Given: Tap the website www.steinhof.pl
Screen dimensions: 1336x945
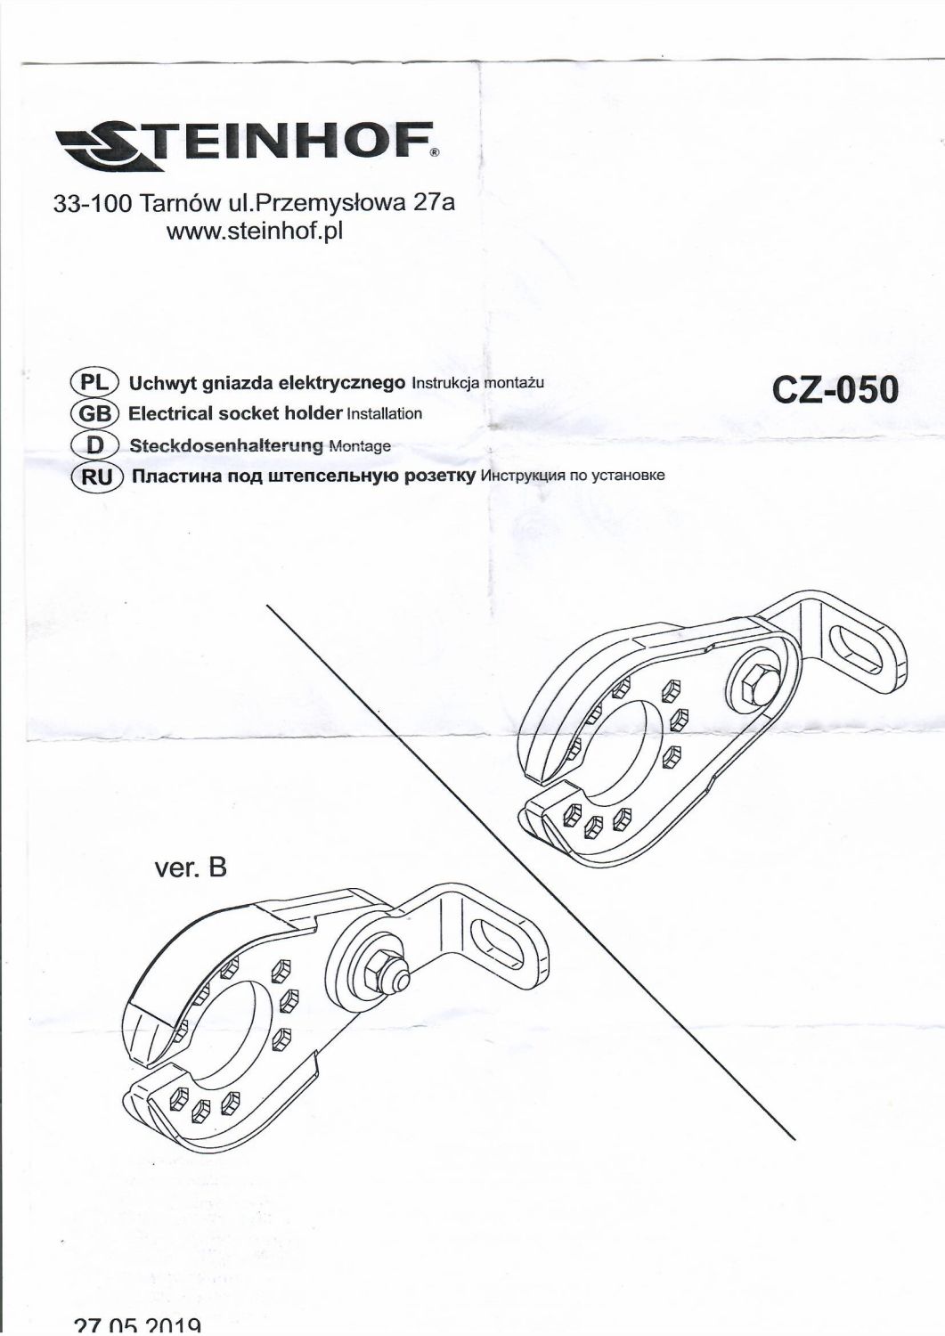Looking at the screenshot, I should [x=255, y=231].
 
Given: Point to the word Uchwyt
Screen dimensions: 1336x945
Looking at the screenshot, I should [x=157, y=384].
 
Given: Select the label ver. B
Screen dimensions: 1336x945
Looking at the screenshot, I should [x=191, y=867].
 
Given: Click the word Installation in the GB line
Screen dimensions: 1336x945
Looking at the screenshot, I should [x=384, y=414].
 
